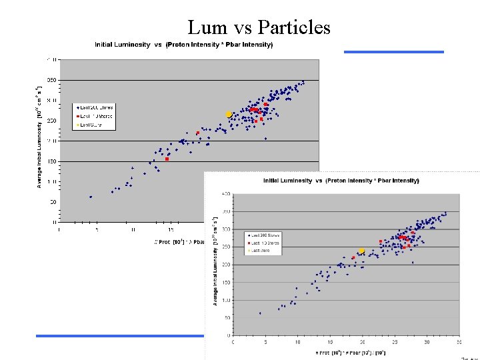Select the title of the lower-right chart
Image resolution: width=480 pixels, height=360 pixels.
pyautogui.click(x=341, y=180)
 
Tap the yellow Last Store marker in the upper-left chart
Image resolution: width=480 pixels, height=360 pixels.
pyautogui.click(x=228, y=115)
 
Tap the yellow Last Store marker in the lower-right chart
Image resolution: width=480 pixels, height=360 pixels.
pyautogui.click(x=361, y=251)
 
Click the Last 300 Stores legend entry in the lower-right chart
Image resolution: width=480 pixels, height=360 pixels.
pyautogui.click(x=265, y=235)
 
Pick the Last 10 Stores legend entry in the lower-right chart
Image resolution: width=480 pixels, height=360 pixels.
pyautogui.click(x=265, y=243)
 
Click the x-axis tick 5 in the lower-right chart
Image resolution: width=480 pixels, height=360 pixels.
pyautogui.click(x=265, y=343)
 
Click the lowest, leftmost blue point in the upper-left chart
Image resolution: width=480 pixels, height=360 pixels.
pyautogui.click(x=91, y=197)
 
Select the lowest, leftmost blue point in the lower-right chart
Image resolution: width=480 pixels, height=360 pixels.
pyautogui.click(x=260, y=313)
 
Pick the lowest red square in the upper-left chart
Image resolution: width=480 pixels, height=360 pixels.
pyautogui.click(x=167, y=159)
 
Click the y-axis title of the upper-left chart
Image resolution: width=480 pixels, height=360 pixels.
pyautogui.click(x=39, y=134)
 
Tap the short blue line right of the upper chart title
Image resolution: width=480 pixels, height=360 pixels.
pyautogui.click(x=393, y=51)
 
